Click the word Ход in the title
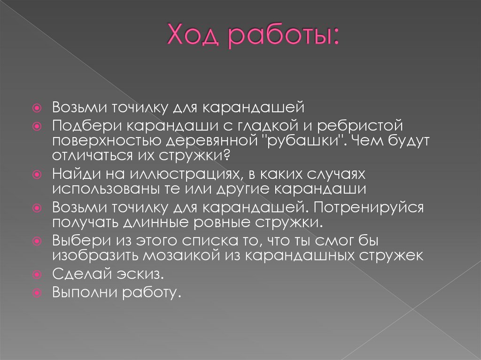point(190,37)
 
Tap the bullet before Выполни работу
point(40,293)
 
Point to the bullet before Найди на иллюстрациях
point(40,175)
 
